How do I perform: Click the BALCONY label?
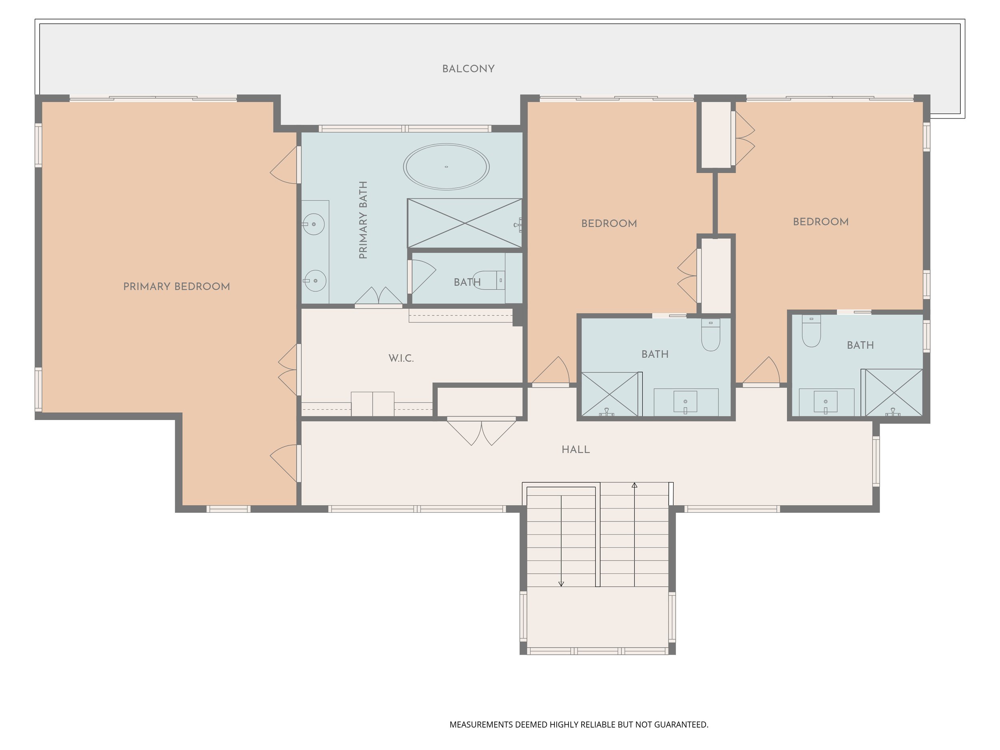pos(468,69)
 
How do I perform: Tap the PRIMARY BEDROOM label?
pos(176,287)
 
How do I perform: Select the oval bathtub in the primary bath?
pos(446,166)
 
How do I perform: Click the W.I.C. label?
pos(401,358)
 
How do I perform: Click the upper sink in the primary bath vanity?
pos(314,224)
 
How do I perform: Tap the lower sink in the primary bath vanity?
pos(315,281)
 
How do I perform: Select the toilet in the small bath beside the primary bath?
pos(488,280)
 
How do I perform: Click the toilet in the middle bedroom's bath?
pos(711,335)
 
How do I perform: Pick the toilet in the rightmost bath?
pos(812,331)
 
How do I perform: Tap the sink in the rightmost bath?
pos(826,402)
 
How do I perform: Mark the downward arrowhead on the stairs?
pos(561,584)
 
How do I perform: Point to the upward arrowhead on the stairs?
pos(634,485)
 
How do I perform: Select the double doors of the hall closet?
pos(482,432)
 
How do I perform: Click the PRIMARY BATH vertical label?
pos(363,220)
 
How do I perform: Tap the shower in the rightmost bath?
pos(893,392)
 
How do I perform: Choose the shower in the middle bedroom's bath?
pos(610,394)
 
